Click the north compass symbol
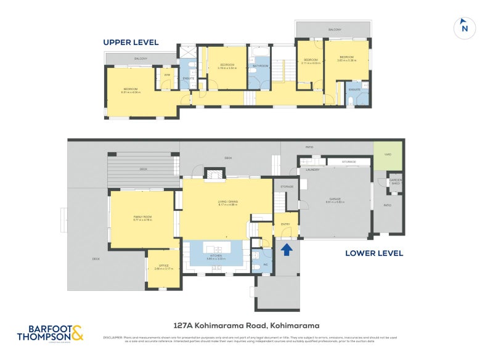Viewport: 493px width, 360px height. [465, 28]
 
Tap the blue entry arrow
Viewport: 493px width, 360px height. [286, 250]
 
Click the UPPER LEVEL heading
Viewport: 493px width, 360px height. [131, 43]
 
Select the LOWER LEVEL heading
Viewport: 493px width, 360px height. [373, 253]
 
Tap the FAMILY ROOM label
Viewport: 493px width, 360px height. [142, 218]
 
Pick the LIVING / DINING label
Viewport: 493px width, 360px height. [228, 203]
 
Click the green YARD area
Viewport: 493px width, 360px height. [388, 154]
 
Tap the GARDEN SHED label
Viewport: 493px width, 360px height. [395, 182]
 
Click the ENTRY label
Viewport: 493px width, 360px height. [285, 224]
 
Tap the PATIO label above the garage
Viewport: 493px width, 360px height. [309, 147]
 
